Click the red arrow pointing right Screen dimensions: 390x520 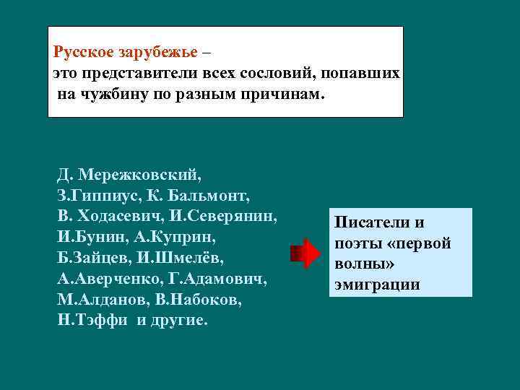click(305, 253)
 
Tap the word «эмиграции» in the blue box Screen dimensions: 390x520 click(376, 285)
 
